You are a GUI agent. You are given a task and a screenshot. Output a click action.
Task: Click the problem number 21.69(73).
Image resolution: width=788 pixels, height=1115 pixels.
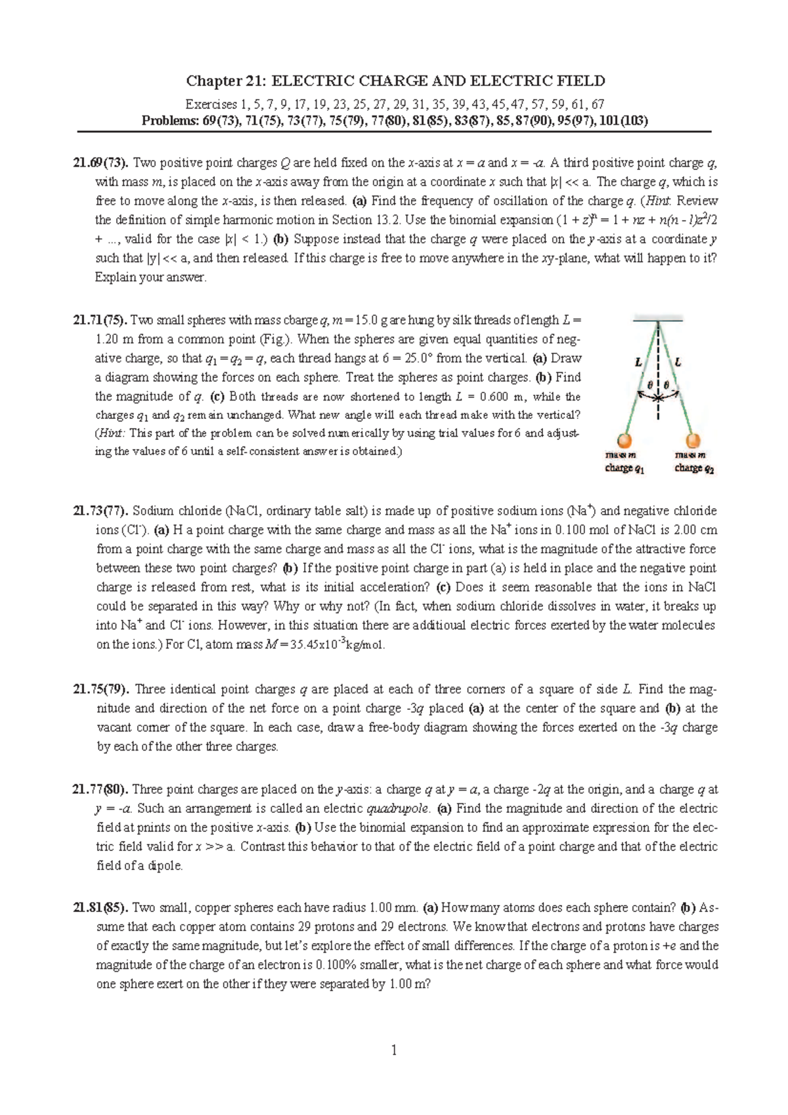coord(101,163)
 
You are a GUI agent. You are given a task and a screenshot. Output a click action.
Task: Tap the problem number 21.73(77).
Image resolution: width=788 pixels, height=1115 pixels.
coord(102,511)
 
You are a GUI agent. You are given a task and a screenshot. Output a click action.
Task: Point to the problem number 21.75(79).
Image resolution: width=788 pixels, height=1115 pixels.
coord(102,689)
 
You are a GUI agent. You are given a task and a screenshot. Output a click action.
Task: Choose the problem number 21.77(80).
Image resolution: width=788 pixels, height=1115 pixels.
coord(102,789)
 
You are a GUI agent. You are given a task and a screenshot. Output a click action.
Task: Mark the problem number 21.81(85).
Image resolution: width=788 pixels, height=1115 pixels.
coord(102,908)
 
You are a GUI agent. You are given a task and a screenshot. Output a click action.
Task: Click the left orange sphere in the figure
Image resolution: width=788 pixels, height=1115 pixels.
coord(624,440)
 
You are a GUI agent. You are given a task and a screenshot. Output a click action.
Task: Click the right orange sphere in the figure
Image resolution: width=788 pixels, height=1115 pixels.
coord(693,440)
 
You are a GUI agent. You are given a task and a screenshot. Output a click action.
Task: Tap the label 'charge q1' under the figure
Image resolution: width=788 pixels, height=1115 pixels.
coord(624,469)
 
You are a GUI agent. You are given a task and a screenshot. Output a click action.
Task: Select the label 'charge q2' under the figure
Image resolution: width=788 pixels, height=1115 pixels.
coord(694,469)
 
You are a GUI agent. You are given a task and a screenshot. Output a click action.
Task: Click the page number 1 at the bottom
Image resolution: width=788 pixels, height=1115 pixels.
coord(394,1050)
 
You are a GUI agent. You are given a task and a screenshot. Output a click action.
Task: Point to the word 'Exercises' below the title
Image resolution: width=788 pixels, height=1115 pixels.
coord(211,104)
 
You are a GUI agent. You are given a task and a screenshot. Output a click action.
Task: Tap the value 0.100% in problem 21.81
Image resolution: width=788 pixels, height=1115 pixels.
coord(338,965)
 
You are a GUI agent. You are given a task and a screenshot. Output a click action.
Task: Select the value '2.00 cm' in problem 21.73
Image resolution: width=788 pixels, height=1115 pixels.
coord(695,530)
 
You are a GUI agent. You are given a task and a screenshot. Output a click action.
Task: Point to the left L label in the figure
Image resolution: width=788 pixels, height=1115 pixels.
coord(638,362)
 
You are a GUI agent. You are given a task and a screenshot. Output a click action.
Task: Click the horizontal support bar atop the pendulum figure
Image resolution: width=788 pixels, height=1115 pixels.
coord(658,320)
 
